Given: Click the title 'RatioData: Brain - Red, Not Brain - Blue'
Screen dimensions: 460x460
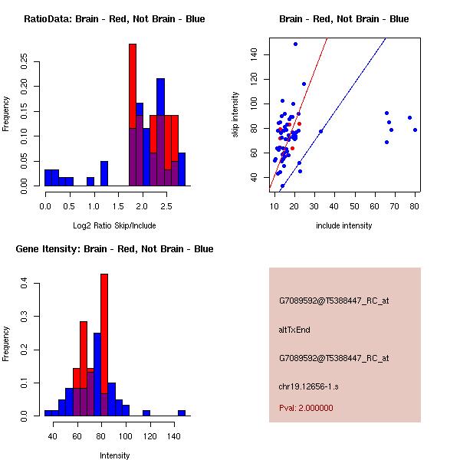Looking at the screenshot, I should (x=114, y=18).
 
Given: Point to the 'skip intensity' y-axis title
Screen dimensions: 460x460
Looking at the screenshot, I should (x=235, y=115).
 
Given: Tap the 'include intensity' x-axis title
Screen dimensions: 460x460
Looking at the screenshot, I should (x=343, y=225).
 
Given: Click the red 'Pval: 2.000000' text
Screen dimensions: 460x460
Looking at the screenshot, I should (x=306, y=408).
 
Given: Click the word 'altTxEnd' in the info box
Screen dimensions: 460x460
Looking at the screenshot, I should (x=294, y=330).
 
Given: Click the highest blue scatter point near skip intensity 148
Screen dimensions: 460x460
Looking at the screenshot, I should (x=295, y=44).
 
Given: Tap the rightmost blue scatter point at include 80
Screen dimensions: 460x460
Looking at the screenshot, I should (x=415, y=130).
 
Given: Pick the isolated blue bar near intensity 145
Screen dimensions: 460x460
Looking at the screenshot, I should (x=182, y=412).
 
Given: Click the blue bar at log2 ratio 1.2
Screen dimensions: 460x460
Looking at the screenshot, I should (x=104, y=173).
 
